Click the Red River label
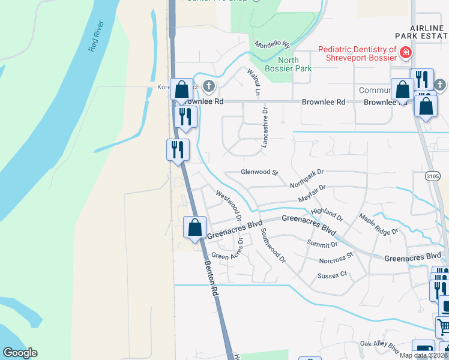click(97, 37)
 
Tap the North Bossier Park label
click(294, 64)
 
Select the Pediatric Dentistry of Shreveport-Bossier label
click(357, 53)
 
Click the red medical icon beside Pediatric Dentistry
click(406, 53)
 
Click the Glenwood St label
click(260, 172)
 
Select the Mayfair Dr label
click(312, 193)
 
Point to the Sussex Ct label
click(333, 275)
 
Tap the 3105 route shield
click(432, 176)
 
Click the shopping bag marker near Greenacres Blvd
click(194, 227)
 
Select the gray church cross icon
click(209, 86)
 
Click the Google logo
click(20, 353)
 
